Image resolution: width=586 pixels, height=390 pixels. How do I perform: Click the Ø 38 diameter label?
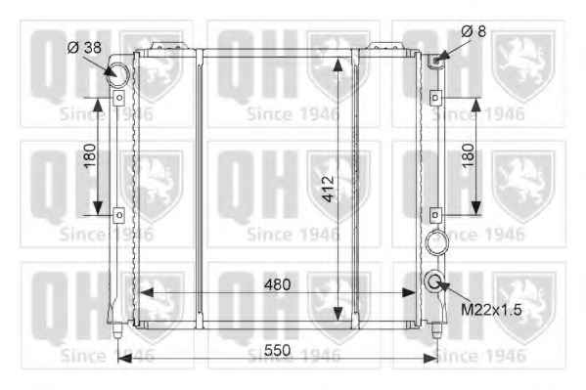click(x=84, y=48)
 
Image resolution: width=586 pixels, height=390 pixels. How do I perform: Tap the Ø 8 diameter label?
click(x=473, y=31)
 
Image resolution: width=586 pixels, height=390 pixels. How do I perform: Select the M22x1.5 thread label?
click(x=491, y=310)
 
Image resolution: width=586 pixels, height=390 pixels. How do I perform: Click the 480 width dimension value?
click(x=277, y=285)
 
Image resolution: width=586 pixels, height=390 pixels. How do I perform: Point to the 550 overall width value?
click(x=277, y=350)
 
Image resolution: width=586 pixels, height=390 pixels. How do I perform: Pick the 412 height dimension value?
click(x=328, y=189)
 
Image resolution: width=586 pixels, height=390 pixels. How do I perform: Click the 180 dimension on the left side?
click(x=90, y=155)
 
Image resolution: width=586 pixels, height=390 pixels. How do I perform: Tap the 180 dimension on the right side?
click(x=468, y=155)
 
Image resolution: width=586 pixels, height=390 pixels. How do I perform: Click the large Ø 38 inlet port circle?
click(x=117, y=74)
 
